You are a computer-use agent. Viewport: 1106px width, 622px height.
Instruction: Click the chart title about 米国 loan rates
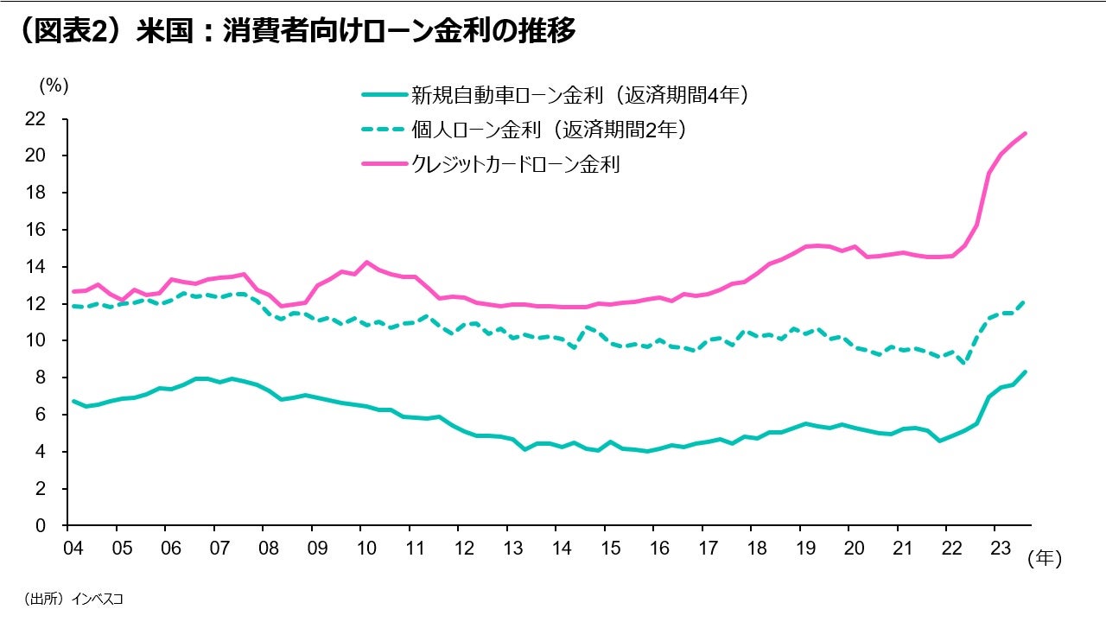pos(295,31)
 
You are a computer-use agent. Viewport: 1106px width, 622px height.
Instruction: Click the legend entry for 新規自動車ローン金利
pos(579,95)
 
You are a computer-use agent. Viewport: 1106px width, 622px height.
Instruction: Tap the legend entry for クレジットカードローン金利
pos(516,164)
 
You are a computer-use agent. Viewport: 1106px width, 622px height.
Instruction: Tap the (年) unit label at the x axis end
pos(1044,560)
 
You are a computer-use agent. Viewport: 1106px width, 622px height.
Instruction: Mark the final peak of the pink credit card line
pos(1025,133)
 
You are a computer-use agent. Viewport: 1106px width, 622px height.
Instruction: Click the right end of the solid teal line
pos(1025,372)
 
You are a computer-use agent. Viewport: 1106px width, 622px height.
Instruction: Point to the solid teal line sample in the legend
pos(383,95)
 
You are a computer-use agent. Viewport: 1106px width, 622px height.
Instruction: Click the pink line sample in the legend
pos(383,164)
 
